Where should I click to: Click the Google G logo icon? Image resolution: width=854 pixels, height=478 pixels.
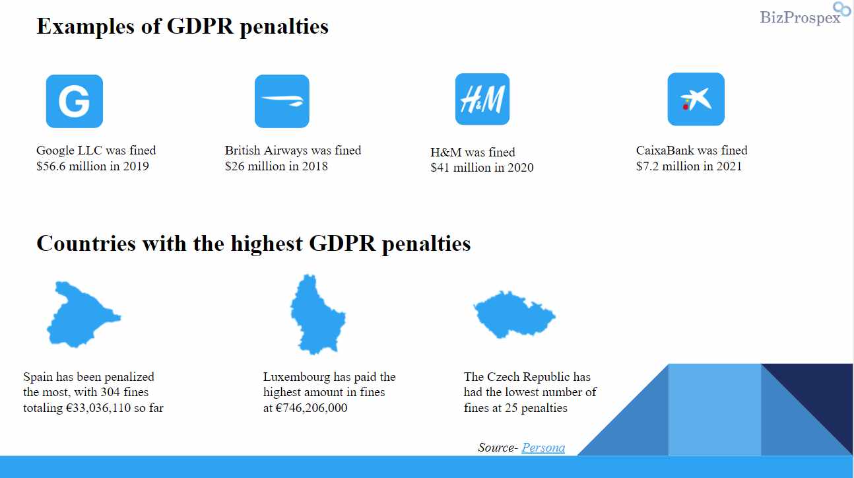(x=75, y=101)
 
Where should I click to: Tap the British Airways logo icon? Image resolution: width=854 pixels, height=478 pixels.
(x=282, y=101)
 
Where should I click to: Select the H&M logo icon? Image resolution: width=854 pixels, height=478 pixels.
(x=482, y=99)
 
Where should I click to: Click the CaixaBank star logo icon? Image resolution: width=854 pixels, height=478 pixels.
(x=696, y=99)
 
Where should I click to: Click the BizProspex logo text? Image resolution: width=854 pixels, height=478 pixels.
(x=801, y=18)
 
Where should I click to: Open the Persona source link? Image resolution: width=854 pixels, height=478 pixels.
(x=543, y=447)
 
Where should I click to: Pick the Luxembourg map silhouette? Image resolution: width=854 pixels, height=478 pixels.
(x=317, y=314)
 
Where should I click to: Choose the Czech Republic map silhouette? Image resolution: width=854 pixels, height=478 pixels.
(x=514, y=314)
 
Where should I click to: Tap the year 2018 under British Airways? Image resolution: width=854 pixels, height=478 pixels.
(x=315, y=166)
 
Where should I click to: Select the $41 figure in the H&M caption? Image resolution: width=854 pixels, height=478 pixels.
(x=440, y=168)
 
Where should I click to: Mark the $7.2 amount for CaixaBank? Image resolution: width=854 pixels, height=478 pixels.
(x=647, y=166)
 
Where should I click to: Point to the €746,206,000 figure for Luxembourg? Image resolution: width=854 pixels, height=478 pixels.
(x=311, y=408)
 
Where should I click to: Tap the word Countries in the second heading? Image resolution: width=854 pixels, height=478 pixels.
(x=86, y=244)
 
